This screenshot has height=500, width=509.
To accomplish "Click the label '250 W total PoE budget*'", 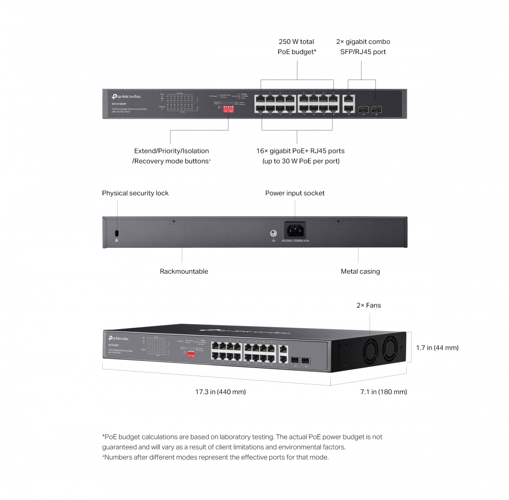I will click(x=296, y=46).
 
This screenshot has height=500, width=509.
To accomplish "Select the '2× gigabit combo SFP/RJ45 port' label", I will click(x=363, y=46).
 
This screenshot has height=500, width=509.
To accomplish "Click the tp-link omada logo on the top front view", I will click(x=124, y=95).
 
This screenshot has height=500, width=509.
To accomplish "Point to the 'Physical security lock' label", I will click(x=135, y=193).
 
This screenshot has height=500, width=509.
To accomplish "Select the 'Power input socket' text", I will click(x=295, y=193).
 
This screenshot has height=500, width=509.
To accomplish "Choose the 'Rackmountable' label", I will click(x=184, y=272).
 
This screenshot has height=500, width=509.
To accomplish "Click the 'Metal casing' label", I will click(x=360, y=272).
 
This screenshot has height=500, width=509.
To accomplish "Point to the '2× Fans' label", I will click(x=369, y=305).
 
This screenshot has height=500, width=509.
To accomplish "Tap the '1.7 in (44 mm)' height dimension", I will click(x=437, y=348).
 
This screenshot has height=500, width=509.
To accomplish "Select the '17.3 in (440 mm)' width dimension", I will click(x=220, y=392).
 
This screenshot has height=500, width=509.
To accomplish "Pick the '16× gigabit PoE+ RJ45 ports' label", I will click(x=300, y=151).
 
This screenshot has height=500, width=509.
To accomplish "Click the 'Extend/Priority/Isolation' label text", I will click(x=172, y=151).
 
